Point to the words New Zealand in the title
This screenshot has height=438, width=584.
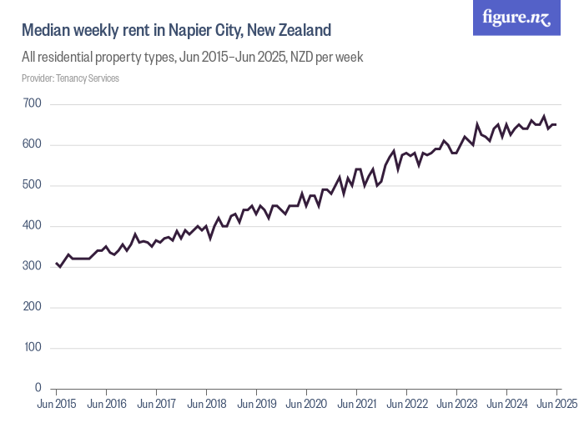click(296, 30)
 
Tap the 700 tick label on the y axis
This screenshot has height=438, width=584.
click(33, 103)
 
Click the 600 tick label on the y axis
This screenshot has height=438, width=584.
click(33, 144)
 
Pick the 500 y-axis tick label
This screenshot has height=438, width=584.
click(33, 185)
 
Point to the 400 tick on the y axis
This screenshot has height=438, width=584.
click(33, 226)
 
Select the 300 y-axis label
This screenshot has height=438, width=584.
click(33, 266)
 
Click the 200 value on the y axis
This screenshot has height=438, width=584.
click(33, 307)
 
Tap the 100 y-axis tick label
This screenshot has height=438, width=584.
click(33, 348)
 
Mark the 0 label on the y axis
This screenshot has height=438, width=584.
click(38, 388)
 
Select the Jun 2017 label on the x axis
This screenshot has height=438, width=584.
click(156, 405)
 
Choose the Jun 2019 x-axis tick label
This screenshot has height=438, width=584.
click(256, 405)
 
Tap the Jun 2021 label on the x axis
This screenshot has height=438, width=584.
click(356, 405)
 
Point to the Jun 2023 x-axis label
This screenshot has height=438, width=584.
click(456, 405)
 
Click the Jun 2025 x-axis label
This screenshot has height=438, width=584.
click(556, 405)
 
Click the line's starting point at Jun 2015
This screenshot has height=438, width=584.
click(56, 263)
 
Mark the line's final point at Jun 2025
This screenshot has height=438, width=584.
click(556, 124)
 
